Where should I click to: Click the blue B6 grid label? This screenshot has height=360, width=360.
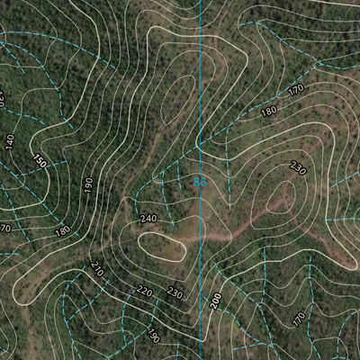[x=201, y=182]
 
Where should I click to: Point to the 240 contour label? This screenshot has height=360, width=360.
[x=148, y=219]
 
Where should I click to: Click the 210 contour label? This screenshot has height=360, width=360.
[x=97, y=268]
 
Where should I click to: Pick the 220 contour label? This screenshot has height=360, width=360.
[x=143, y=291]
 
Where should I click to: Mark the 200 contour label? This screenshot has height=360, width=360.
[x=215, y=301]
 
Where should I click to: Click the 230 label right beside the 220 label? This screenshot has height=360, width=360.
[x=174, y=294]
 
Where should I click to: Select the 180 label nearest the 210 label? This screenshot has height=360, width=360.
[x=62, y=231]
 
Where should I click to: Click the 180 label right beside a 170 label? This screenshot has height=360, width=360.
[x=268, y=111]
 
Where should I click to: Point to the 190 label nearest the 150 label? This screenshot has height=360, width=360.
[x=88, y=184]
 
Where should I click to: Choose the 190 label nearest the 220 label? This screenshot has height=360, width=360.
[x=154, y=337]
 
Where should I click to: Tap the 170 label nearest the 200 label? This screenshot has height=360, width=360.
[x=298, y=319]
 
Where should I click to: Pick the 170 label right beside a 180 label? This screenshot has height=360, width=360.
[x=296, y=90]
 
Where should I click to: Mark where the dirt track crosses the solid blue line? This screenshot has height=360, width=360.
[x=200, y=237]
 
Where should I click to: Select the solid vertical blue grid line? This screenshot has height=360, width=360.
[x=200, y=90]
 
